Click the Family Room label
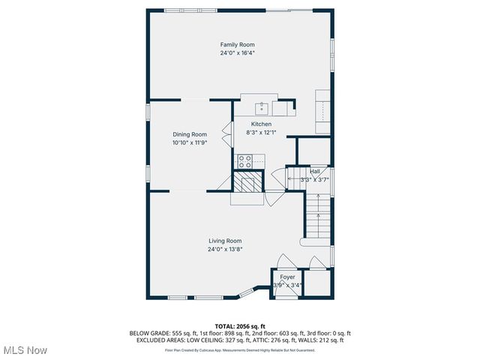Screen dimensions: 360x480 click(237, 45)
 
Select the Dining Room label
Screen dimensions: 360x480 click(189, 134)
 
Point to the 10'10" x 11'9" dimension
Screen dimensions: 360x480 click(189, 142)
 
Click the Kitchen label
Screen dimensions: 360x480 click(261, 124)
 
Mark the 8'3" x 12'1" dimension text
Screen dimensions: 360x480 click(261, 132)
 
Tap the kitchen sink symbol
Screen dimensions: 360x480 click(262, 106)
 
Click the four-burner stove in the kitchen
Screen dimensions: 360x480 click(245, 160)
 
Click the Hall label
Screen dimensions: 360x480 click(315, 171)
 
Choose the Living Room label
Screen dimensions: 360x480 click(225, 241)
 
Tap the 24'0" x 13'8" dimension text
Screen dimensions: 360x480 click(225, 249)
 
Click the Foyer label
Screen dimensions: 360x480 click(287, 277)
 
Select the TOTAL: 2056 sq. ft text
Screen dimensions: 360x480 click(240, 326)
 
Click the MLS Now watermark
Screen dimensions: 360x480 click(25, 350)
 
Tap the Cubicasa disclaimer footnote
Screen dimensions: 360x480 click(240, 349)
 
